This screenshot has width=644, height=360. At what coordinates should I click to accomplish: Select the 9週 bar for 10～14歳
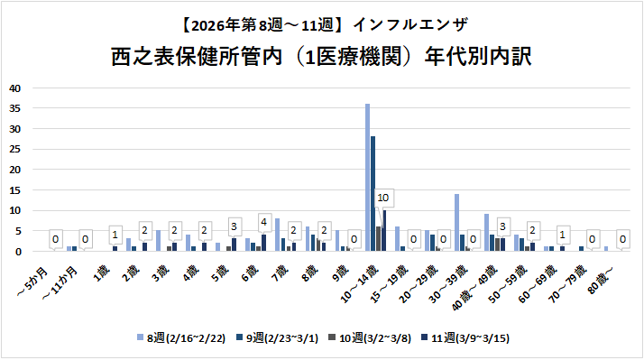pos(373,194)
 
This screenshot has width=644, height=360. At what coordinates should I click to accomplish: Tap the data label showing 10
pos(382,198)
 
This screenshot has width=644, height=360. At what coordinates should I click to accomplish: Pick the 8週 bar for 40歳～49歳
pos(486,233)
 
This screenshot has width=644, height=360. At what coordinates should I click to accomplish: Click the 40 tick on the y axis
pos(14,88)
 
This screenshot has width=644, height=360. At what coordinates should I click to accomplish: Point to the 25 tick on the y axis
pos(14,149)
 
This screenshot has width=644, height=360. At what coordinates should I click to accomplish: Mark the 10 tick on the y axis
pos(14,210)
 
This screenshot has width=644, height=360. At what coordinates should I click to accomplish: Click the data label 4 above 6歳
pos(263,222)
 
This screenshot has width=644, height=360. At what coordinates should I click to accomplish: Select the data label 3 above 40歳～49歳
pos(502,226)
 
